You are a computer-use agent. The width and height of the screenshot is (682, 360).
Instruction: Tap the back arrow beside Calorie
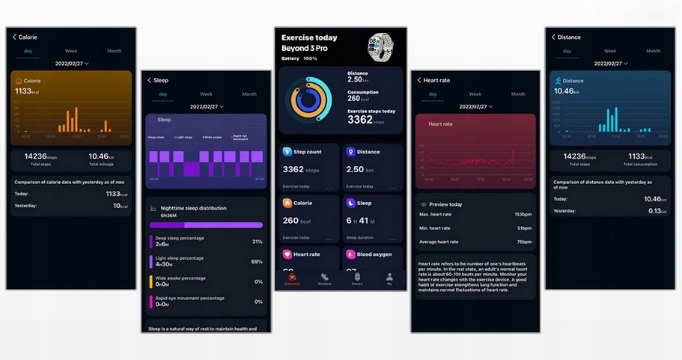pyautogui.click(x=14, y=37)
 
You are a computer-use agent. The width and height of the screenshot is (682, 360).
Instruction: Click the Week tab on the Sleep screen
pyautogui.click(x=206, y=94)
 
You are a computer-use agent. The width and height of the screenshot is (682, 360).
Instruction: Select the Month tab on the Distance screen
pyautogui.click(x=654, y=51)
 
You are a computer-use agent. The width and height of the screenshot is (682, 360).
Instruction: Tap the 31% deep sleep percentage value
pyautogui.click(x=257, y=242)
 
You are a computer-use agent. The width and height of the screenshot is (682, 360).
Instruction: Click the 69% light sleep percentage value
pyautogui.click(x=257, y=261)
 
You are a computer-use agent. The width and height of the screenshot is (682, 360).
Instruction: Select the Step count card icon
pyautogui.click(x=287, y=152)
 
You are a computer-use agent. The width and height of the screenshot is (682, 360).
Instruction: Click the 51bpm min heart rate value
pyautogui.click(x=524, y=228)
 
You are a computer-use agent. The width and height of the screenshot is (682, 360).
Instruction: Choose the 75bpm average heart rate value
pyautogui.click(x=523, y=242)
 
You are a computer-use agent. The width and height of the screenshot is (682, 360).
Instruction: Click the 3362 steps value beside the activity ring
pyautogui.click(x=360, y=120)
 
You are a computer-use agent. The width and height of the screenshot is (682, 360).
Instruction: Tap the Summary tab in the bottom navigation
pyautogui.click(x=292, y=278)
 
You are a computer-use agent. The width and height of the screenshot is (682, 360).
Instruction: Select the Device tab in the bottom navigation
pyautogui.click(x=357, y=278)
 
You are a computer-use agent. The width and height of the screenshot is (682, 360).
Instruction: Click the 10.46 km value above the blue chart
pyautogui.click(x=566, y=91)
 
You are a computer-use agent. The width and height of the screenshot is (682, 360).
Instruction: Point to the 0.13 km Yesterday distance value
pyautogui.click(x=657, y=211)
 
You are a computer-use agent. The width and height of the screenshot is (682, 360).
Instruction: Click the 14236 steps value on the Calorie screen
pyautogui.click(x=40, y=156)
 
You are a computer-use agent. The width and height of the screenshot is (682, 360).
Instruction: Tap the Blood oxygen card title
pyautogui.click(x=374, y=254)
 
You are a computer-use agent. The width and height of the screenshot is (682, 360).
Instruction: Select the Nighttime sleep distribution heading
pyautogui.click(x=193, y=208)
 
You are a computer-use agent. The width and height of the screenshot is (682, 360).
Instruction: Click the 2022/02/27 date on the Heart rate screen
pyautogui.click(x=474, y=107)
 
